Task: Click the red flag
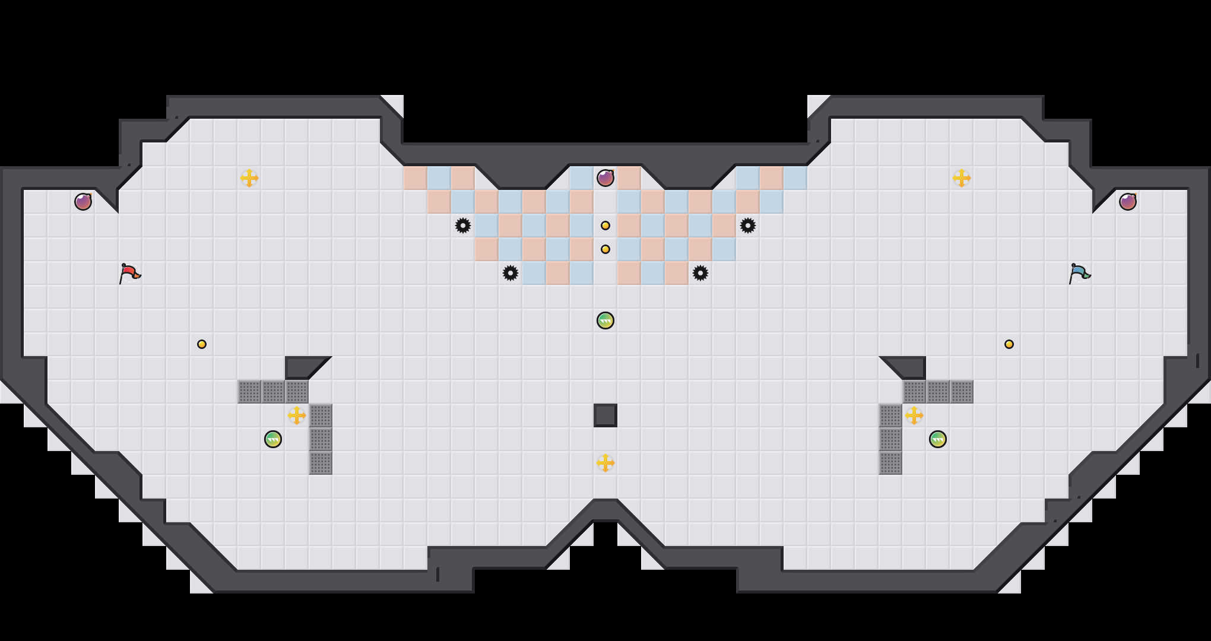(129, 273)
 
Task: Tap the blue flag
(1079, 273)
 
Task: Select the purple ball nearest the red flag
(83, 202)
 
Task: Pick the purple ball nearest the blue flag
(1128, 202)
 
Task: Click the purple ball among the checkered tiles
(605, 178)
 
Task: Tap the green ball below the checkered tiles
(605, 320)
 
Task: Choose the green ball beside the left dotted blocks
(273, 439)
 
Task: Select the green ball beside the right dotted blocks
(938, 439)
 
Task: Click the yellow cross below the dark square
(605, 463)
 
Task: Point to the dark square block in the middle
(605, 415)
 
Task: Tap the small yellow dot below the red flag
(202, 344)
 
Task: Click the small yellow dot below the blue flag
(1009, 344)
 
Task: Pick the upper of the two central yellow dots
(605, 226)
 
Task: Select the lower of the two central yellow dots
(605, 249)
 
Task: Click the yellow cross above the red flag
(249, 178)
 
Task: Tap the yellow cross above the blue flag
(962, 178)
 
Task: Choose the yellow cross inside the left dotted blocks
(297, 415)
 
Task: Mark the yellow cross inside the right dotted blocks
(914, 415)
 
